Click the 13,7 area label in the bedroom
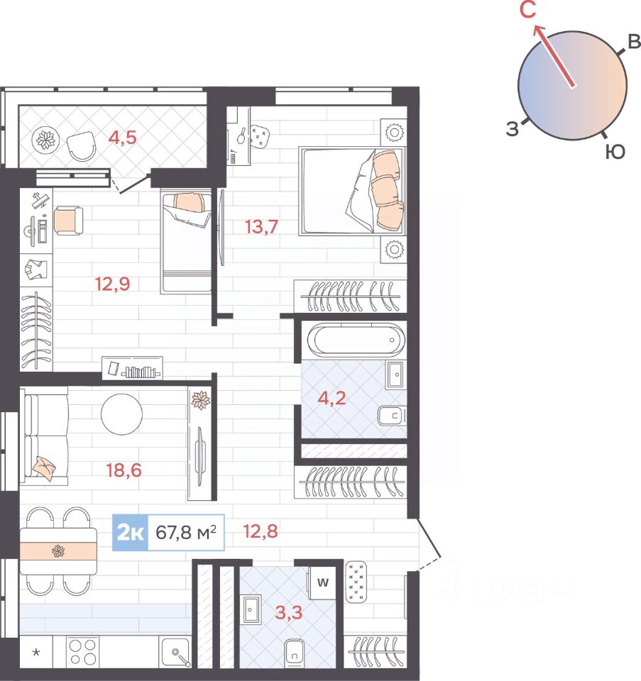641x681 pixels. (x=261, y=227)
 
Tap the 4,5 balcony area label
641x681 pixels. (x=123, y=137)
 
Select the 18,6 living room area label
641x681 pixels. (x=124, y=470)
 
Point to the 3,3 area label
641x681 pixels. (x=289, y=612)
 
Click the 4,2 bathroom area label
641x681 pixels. (x=332, y=398)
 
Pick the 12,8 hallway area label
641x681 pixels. (x=261, y=531)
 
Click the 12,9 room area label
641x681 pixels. (x=113, y=284)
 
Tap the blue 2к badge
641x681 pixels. (x=131, y=533)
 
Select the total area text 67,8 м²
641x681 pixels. (x=186, y=532)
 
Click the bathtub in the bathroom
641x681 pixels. (x=356, y=339)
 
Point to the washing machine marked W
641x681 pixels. (x=322, y=582)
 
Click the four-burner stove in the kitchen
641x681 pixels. (x=82, y=652)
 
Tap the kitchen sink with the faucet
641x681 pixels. (x=175, y=652)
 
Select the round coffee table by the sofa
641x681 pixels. (x=121, y=414)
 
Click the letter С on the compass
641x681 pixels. (x=527, y=9)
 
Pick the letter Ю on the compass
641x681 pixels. (x=615, y=152)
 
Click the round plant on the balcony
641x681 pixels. (x=45, y=140)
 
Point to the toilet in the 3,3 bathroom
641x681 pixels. (x=295, y=653)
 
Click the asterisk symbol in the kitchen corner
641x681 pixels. (x=36, y=652)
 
